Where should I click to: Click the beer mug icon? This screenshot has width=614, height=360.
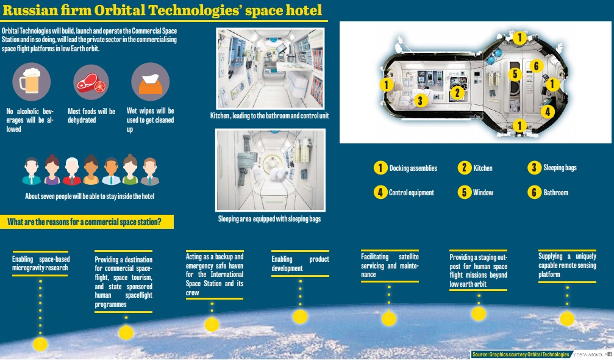tap(31, 82)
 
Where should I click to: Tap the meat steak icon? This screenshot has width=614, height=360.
tap(91, 82)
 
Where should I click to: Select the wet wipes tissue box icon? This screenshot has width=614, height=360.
tap(150, 82)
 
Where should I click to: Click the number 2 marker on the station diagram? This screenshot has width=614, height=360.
tap(457, 93)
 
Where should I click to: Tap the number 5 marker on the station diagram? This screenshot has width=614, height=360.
tap(515, 74)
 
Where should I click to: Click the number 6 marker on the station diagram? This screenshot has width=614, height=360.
tap(535, 66)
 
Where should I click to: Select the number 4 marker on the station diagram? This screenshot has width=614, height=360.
tap(548, 112)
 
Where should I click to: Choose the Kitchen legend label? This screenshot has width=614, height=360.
tap(483, 168)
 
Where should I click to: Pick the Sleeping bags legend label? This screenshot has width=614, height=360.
tap(560, 168)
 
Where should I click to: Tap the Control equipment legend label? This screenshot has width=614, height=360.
tap(411, 192)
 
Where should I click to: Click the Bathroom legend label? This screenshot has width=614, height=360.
tap(555, 192)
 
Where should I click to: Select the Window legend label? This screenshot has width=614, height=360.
tap(483, 192)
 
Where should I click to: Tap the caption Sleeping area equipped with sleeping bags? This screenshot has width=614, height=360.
tap(269, 218)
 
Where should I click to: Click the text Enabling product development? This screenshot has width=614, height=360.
tap(300, 264)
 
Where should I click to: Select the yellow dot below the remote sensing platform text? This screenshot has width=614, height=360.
tap(567, 319)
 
